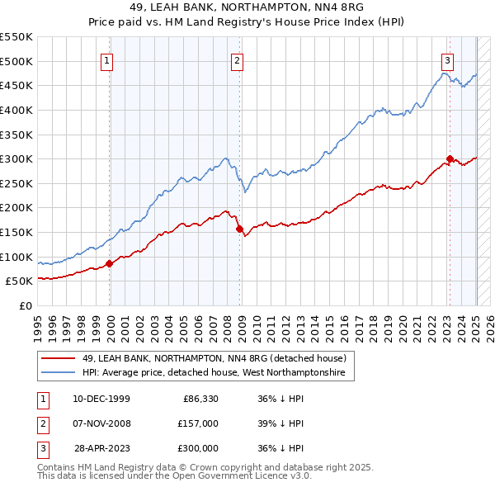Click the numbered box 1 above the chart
[x=108, y=59]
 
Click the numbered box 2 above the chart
[x=237, y=59]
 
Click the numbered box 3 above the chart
[x=446, y=59]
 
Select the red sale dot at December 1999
[x=110, y=263]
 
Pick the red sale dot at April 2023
[x=450, y=158]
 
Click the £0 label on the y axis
[x=25, y=305]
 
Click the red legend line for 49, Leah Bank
[x=59, y=358]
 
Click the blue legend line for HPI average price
[x=59, y=373]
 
